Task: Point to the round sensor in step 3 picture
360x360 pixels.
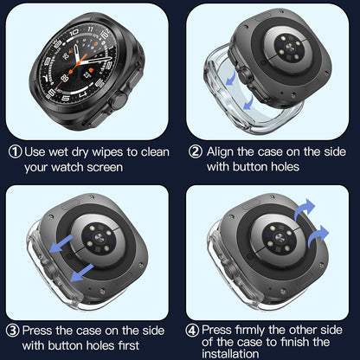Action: [106, 235]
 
